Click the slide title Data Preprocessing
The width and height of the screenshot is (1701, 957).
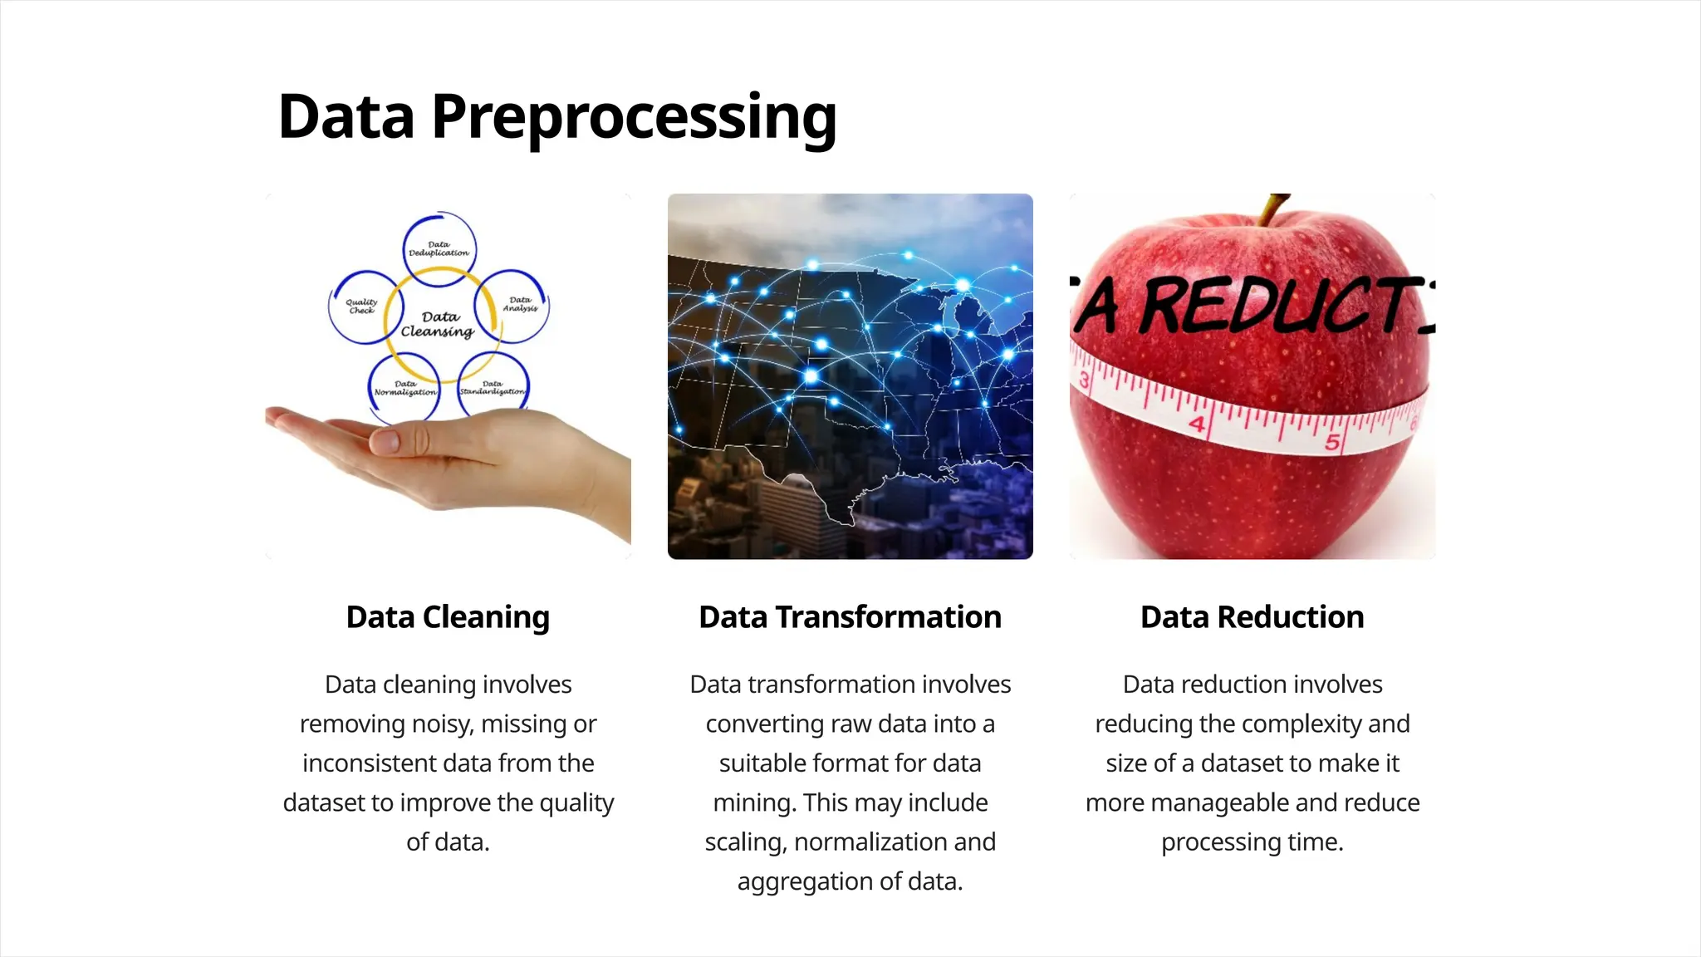(556, 117)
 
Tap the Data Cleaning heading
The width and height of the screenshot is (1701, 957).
(448, 617)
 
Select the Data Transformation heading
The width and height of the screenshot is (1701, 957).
(850, 617)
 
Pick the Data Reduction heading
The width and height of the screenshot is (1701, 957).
(1252, 617)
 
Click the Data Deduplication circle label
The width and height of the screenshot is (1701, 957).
(439, 248)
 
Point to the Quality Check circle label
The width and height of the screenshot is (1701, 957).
(361, 307)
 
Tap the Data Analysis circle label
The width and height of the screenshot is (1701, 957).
(520, 304)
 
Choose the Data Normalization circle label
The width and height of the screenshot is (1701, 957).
(404, 388)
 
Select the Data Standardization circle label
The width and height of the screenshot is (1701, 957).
(493, 388)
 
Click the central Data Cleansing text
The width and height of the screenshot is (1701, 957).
(438, 324)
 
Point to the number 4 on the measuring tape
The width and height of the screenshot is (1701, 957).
(1197, 425)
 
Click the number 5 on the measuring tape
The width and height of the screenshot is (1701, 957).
(1331, 441)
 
